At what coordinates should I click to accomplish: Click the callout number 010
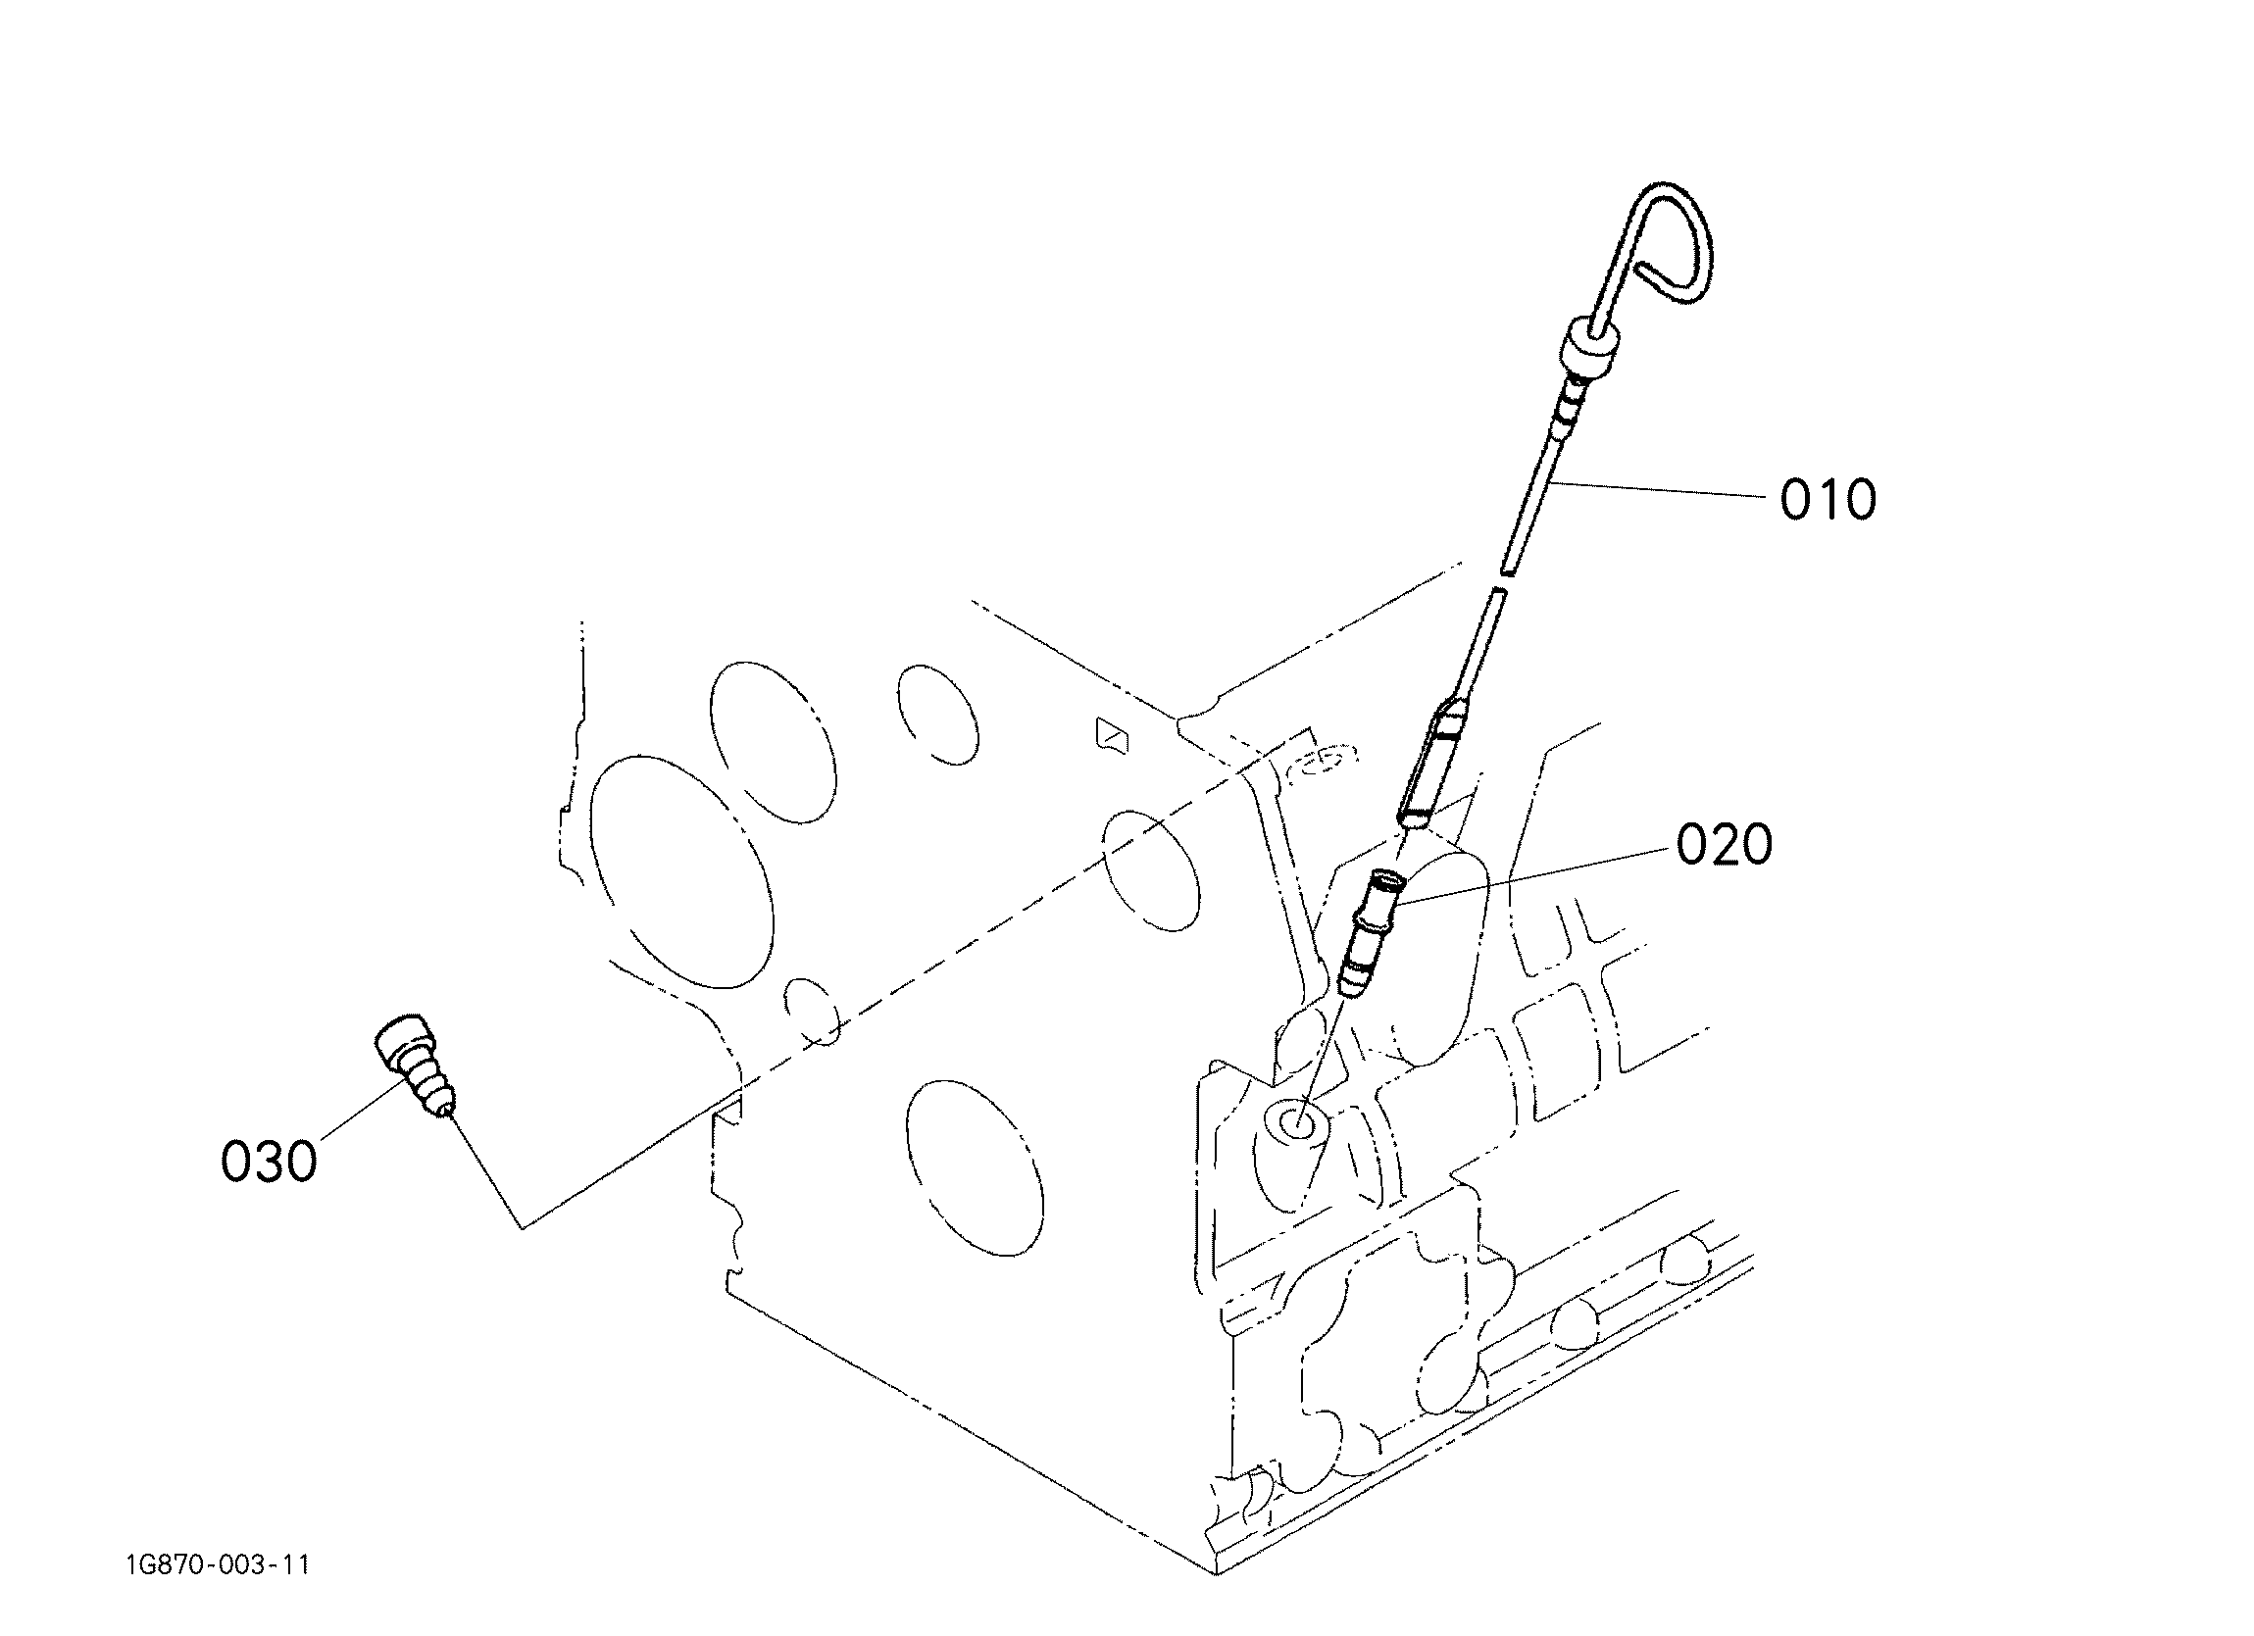pos(1828,499)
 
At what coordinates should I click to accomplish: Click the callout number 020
pos(1725,845)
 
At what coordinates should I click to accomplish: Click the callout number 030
pos(269,1161)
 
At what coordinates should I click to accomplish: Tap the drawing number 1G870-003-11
pos(218,1565)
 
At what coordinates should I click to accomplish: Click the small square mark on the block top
pos(1111,734)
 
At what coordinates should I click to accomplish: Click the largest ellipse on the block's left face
pos(680,871)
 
